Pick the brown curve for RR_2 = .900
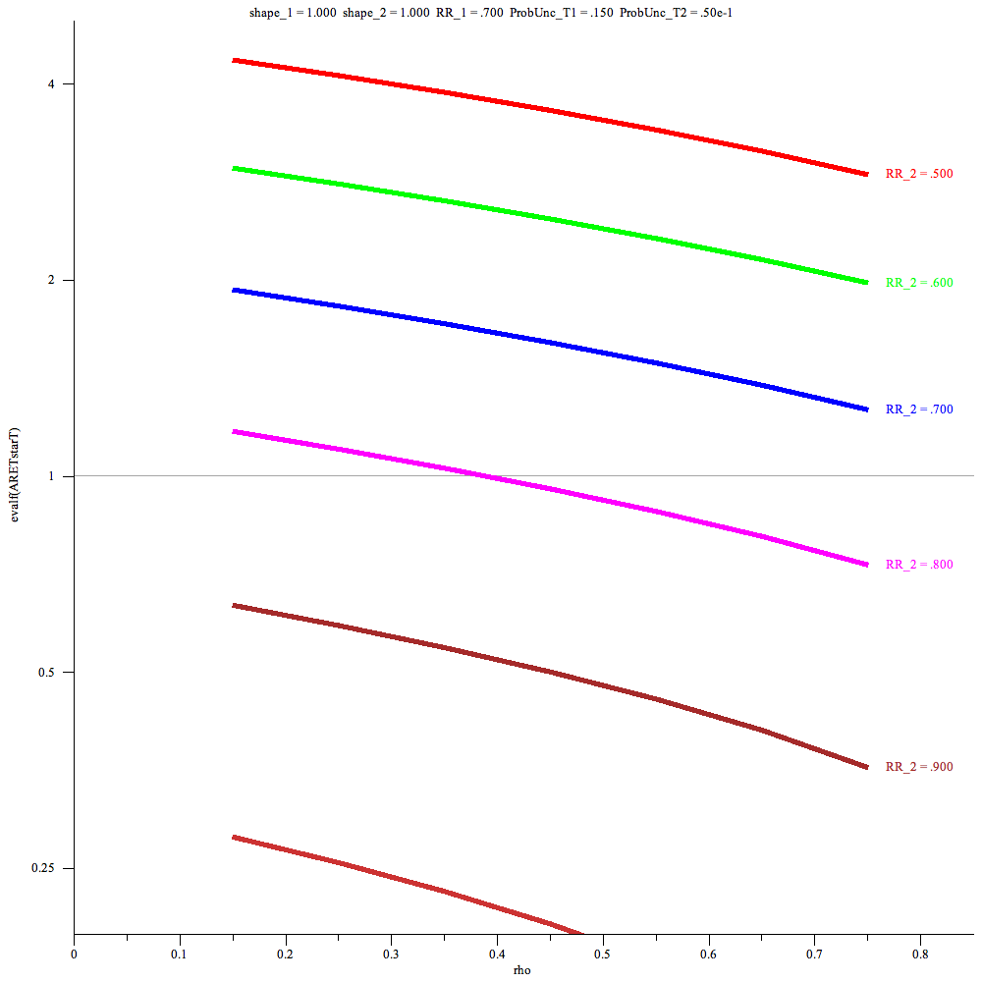tap(550, 680)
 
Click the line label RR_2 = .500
tap(919, 174)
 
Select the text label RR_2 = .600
tap(919, 283)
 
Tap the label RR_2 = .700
tap(919, 409)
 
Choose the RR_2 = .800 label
tap(919, 565)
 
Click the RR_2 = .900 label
tap(919, 767)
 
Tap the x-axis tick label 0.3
tap(391, 954)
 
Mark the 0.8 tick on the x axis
tap(919, 954)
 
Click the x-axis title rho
tap(523, 970)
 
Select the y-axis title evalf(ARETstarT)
tap(14, 475)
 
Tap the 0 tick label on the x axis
tap(75, 954)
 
